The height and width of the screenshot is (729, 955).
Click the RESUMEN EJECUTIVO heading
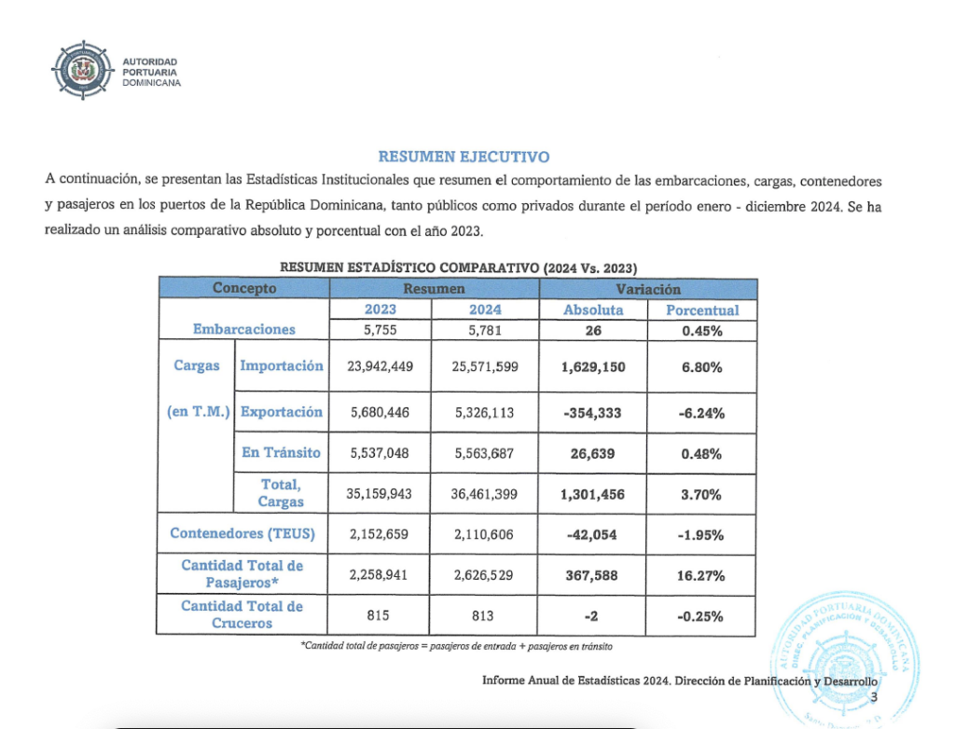(x=463, y=157)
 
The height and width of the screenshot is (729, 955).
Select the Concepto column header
(x=244, y=289)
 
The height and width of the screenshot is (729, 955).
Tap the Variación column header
(x=649, y=289)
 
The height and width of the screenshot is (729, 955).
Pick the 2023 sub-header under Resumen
(x=380, y=309)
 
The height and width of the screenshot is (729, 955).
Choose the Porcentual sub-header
(x=701, y=310)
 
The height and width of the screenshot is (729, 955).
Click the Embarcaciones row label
(x=244, y=329)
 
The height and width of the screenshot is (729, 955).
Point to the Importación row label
(x=282, y=365)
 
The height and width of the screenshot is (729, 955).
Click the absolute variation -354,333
(x=594, y=412)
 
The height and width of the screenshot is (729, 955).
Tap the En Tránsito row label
(x=281, y=452)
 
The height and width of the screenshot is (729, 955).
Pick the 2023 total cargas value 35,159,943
(x=380, y=494)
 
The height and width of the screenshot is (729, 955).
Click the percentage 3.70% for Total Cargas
(x=701, y=494)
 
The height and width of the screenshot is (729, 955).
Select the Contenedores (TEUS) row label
(x=242, y=534)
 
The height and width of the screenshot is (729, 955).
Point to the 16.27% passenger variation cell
(x=701, y=575)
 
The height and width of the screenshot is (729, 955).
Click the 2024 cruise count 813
(x=483, y=616)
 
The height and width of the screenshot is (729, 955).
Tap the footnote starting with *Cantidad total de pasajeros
(x=457, y=645)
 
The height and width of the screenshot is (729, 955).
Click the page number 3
(x=873, y=697)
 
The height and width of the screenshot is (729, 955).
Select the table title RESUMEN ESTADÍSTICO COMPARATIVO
(x=458, y=267)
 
